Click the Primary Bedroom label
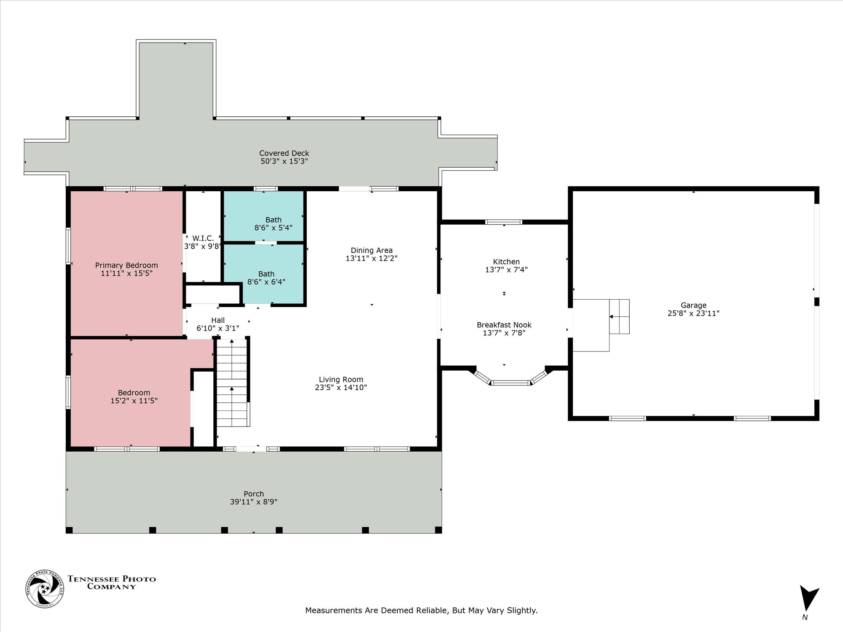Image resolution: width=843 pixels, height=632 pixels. click(x=126, y=265)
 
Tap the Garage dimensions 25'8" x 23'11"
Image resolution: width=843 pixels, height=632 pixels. click(x=693, y=313)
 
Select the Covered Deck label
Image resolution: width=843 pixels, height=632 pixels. click(x=284, y=153)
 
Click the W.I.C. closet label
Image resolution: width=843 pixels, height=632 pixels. click(x=203, y=238)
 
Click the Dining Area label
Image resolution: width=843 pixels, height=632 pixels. click(x=371, y=251)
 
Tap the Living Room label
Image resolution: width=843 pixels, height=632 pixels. click(x=341, y=380)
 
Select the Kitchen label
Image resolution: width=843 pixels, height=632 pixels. click(x=506, y=262)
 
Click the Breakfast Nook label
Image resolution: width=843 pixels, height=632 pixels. click(x=504, y=325)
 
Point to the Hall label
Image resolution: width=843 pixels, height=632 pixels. click(x=218, y=321)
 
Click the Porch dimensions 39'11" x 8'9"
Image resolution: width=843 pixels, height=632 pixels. click(x=254, y=502)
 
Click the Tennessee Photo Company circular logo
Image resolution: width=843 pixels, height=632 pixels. click(x=45, y=589)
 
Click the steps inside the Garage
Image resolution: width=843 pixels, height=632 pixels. click(x=619, y=316)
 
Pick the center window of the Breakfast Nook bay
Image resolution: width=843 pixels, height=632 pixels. click(x=510, y=383)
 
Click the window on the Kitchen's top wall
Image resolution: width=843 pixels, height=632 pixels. click(x=504, y=222)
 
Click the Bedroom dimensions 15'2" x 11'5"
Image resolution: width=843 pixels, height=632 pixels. click(x=134, y=401)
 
